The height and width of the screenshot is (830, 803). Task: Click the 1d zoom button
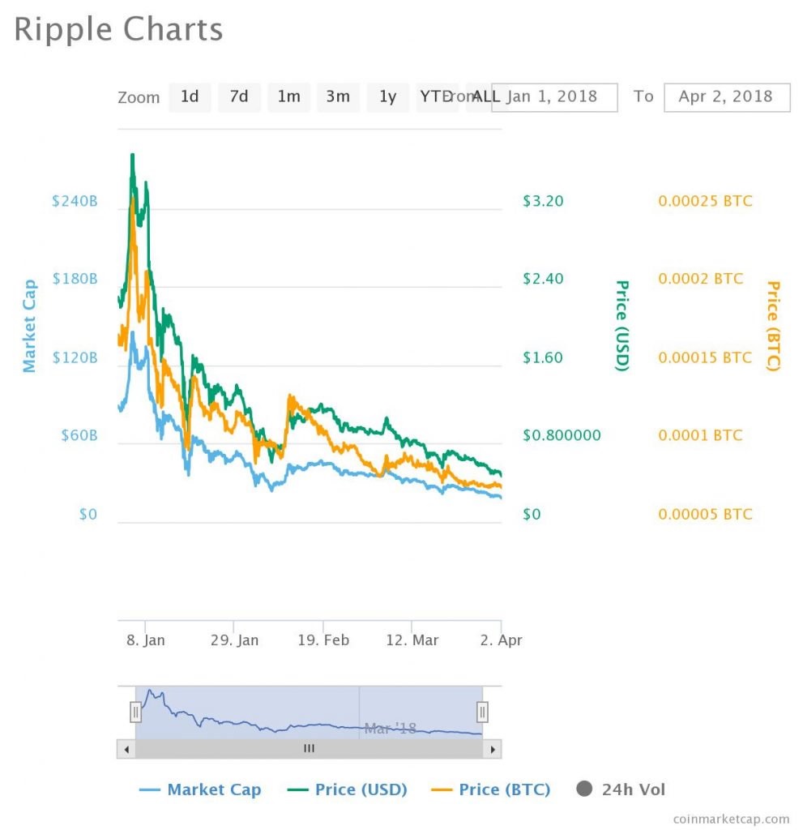tap(190, 96)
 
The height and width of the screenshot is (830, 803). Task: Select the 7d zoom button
tap(239, 96)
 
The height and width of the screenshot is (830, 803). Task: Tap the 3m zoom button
tap(338, 96)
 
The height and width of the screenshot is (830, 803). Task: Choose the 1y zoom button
tap(387, 96)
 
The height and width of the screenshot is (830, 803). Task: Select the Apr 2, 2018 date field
tap(726, 96)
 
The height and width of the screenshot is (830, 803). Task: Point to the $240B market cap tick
tap(75, 201)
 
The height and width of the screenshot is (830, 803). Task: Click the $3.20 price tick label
tap(543, 201)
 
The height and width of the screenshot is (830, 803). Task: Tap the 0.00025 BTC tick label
tap(705, 201)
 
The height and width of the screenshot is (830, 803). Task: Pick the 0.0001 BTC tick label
tap(700, 435)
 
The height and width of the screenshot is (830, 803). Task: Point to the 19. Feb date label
tap(323, 640)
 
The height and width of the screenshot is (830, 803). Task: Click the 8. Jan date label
tap(146, 640)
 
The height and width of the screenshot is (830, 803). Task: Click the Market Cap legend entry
tap(201, 789)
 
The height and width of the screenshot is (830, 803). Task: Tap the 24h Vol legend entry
tap(621, 789)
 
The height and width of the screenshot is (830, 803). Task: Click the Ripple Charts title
tap(118, 30)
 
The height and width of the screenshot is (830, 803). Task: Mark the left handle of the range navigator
tap(135, 712)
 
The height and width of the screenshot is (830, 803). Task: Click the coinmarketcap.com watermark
tap(731, 819)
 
